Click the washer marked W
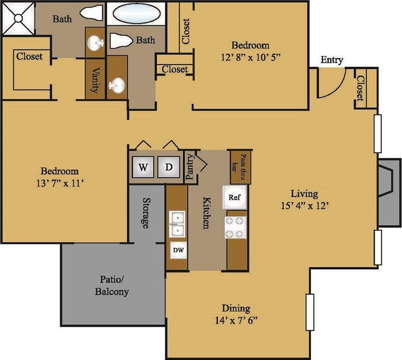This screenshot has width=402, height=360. [x=143, y=168]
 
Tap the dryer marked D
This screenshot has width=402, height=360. [x=169, y=168]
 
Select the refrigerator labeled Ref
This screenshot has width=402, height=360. [x=234, y=197]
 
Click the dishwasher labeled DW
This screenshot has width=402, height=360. [x=178, y=249]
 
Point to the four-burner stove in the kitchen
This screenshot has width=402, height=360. [x=235, y=227]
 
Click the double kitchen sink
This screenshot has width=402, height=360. [x=177, y=224]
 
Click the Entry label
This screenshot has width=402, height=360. [x=331, y=60]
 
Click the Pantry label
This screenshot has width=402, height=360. [x=190, y=168]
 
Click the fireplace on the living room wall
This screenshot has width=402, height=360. [x=388, y=191]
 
